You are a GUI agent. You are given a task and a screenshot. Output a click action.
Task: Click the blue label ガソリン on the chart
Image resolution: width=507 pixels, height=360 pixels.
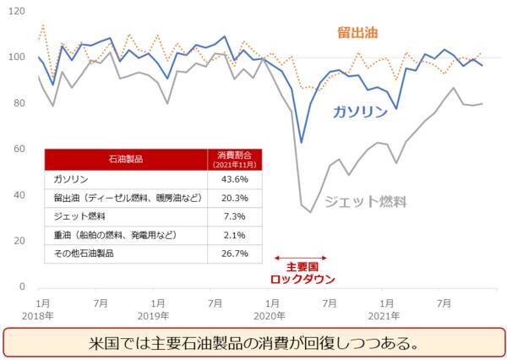(360, 112)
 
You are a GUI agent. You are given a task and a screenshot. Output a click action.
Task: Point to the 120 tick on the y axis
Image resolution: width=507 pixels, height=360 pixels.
(15, 12)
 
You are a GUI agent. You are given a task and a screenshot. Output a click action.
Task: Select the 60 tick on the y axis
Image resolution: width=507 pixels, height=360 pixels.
(18, 150)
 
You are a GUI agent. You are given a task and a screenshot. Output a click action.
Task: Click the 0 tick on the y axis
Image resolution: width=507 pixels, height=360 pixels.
(21, 287)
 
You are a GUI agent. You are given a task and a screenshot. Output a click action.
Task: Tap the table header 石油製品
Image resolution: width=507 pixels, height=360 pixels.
(125, 159)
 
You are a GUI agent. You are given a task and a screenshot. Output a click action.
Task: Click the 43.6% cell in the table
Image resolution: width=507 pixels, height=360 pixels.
(233, 179)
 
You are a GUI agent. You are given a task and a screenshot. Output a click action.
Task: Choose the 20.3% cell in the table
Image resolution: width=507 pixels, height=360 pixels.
(233, 198)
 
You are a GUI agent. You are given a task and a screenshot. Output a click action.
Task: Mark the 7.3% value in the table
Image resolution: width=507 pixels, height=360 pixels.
(233, 216)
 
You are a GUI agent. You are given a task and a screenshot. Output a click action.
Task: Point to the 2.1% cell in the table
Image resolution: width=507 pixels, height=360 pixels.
(233, 234)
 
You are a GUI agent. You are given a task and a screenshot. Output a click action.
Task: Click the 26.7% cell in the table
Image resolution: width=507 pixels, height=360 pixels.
(233, 253)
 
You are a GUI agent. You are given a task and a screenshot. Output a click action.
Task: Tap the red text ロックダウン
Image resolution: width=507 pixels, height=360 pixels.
(302, 279)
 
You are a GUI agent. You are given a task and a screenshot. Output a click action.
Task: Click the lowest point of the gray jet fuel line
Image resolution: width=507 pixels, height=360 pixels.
(311, 212)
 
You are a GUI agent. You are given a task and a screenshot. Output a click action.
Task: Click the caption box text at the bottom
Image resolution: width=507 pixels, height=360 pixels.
(253, 344)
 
